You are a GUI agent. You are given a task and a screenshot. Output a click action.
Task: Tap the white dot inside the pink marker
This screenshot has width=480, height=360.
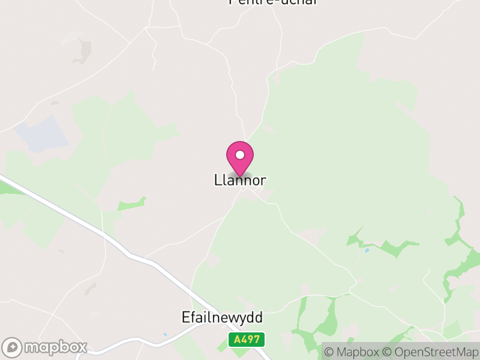tap(240, 155)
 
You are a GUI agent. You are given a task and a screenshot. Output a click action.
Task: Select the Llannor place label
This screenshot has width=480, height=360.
tap(240, 180)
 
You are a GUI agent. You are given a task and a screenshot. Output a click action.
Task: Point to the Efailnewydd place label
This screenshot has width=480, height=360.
tap(222, 317)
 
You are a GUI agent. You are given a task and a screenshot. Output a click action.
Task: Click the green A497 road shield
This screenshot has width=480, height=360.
tap(246, 340)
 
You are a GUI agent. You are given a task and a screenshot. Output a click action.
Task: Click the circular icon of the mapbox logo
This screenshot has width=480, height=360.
tap(12, 347)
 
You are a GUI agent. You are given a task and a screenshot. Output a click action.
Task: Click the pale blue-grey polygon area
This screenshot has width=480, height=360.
tap(42, 133)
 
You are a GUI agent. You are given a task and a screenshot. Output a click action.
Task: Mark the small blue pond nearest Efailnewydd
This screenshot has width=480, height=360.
tap(164, 334)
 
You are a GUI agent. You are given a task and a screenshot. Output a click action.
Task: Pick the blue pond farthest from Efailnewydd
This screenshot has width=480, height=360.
tap(367, 250)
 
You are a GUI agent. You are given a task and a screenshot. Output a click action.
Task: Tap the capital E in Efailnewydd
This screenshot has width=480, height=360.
tap(185, 317)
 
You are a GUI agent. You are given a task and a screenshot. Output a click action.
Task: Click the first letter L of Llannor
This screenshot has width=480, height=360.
tap(217, 180)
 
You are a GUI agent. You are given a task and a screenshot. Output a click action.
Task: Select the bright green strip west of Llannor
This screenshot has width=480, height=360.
tap(131, 204)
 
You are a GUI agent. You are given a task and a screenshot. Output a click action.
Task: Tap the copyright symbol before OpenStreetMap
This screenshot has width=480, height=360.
tap(388, 352)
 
